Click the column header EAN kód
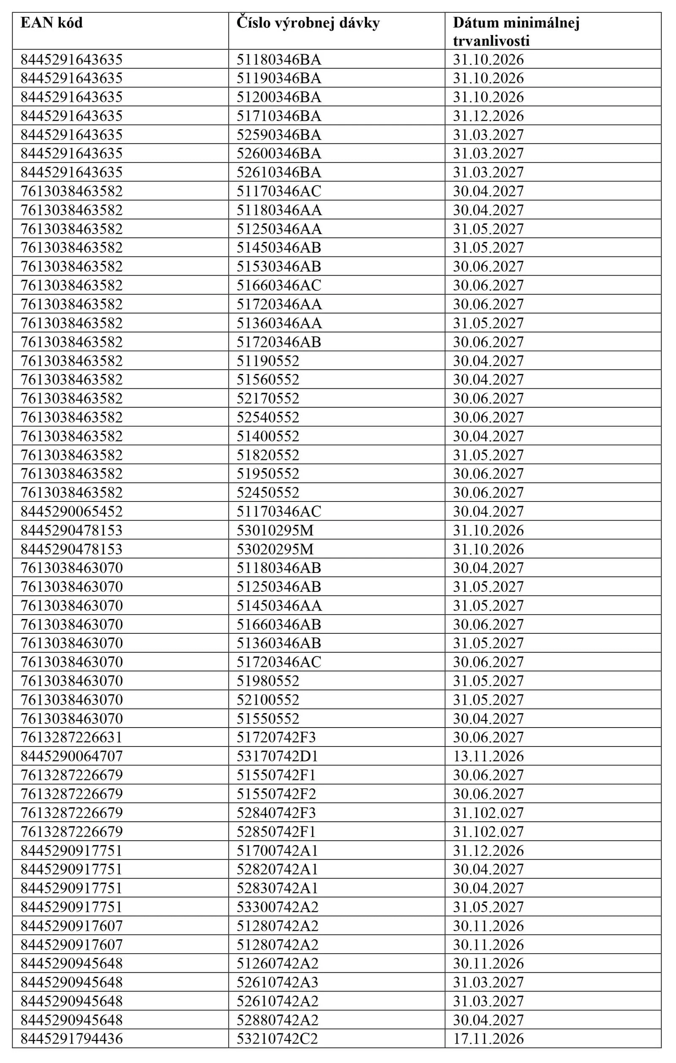tap(52, 22)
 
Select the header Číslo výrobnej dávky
tap(308, 22)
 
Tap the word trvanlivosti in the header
tap(491, 41)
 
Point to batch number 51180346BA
tap(278, 59)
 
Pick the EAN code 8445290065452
tap(71, 511)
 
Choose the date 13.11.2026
tap(488, 756)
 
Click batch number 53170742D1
tap(277, 756)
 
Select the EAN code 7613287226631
tap(71, 737)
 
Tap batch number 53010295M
tap(275, 530)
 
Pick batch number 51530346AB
tap(278, 266)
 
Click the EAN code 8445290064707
tap(71, 756)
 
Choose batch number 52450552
tap(267, 492)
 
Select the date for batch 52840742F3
tap(488, 813)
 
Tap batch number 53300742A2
tap(277, 907)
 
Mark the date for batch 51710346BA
tap(488, 116)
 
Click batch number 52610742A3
tap(277, 982)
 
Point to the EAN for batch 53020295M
tap(71, 549)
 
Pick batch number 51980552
tap(267, 681)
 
